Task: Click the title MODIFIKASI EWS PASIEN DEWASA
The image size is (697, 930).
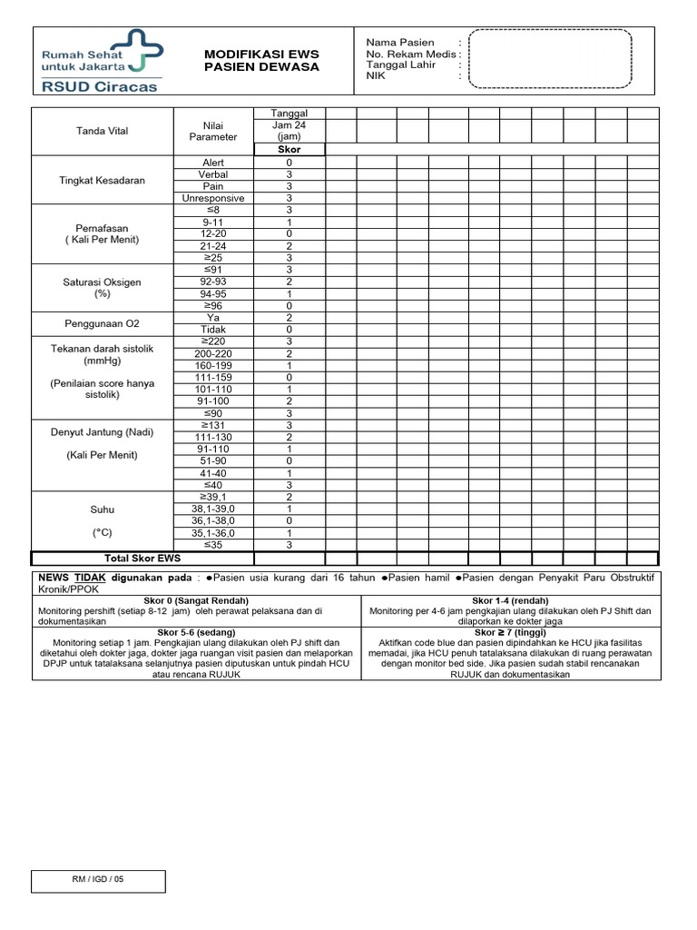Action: (261, 61)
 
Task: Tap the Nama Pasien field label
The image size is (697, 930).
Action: (400, 43)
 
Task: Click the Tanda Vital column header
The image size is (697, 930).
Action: (103, 131)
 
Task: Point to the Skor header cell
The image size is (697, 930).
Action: (290, 149)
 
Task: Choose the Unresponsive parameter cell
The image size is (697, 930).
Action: (213, 198)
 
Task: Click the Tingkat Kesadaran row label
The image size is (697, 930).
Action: (103, 181)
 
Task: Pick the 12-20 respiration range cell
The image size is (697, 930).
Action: (213, 233)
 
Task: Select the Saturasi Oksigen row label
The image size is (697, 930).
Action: (103, 282)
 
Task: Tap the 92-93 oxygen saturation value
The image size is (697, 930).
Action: (213, 282)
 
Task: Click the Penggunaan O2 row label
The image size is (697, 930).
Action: (103, 323)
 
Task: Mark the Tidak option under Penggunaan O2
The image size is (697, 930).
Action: (213, 330)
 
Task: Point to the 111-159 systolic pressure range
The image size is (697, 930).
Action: (213, 377)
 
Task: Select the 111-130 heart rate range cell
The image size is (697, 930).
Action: (213, 437)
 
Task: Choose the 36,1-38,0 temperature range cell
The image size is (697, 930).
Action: (213, 521)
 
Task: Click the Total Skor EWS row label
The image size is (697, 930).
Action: (143, 558)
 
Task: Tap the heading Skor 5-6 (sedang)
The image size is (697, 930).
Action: (196, 632)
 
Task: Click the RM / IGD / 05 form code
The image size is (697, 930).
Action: (99, 881)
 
